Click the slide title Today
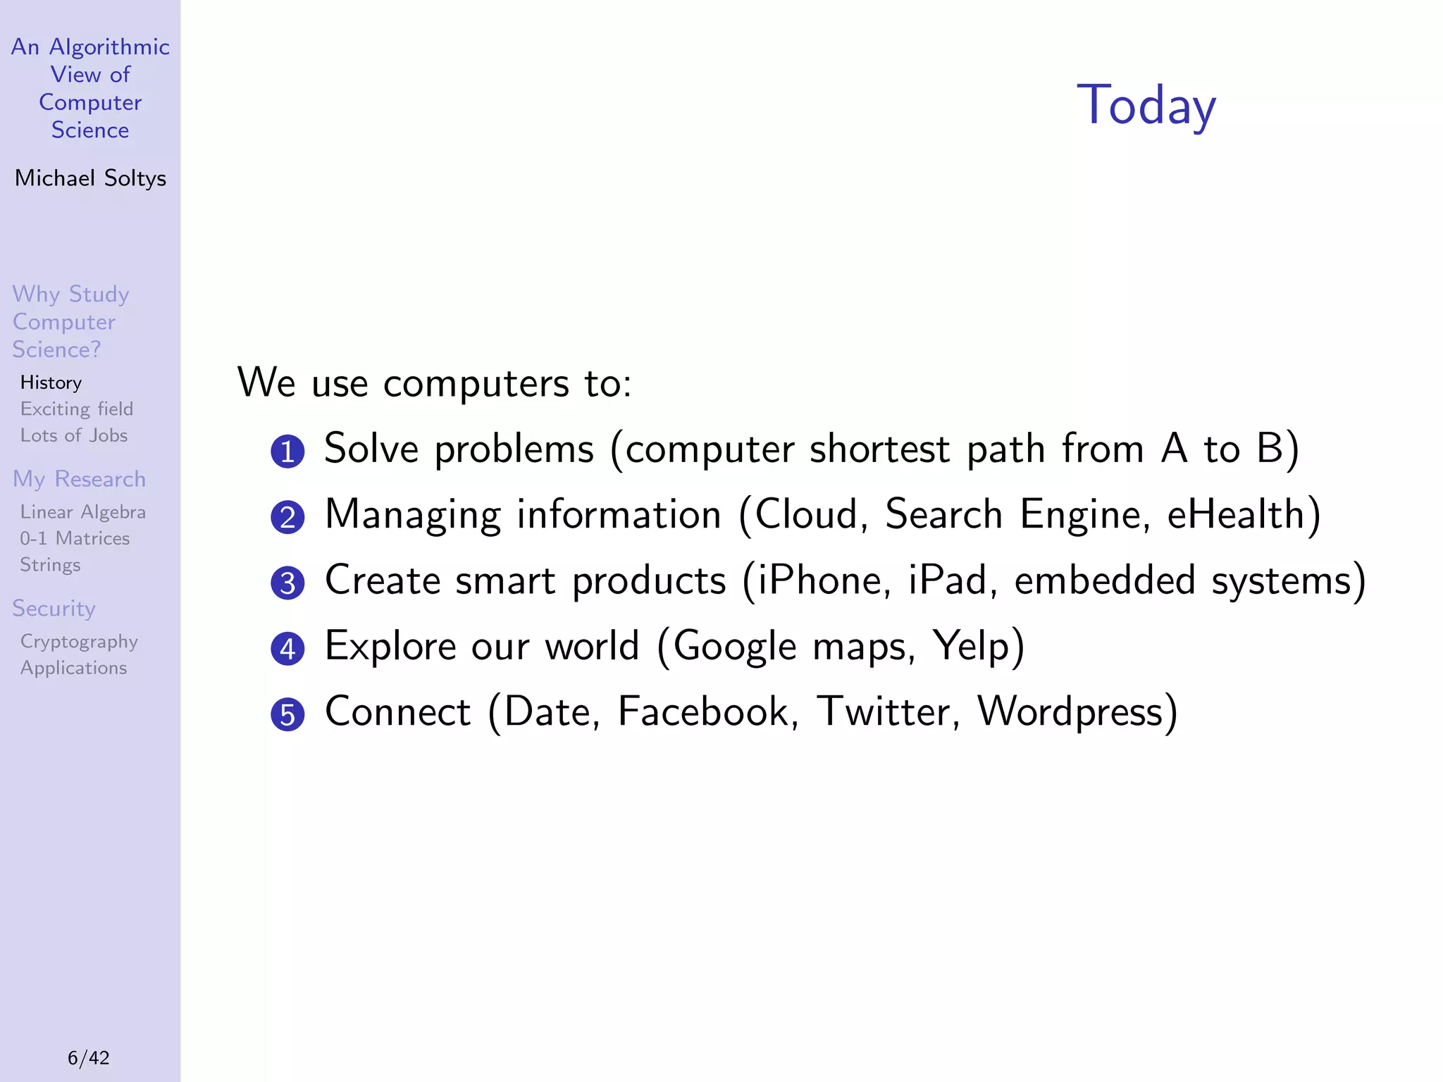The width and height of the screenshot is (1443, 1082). [1146, 106]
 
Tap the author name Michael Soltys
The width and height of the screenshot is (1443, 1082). [90, 178]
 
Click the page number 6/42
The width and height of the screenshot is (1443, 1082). [89, 1057]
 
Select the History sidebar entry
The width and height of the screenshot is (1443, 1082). [51, 383]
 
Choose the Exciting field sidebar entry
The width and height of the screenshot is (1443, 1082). [76, 409]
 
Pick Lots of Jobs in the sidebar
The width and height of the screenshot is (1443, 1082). [74, 435]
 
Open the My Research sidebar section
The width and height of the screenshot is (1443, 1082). [79, 479]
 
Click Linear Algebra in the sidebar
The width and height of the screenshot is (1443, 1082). [83, 512]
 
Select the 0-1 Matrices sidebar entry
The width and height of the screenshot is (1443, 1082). [75, 538]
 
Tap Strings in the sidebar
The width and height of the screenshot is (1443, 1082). [50, 565]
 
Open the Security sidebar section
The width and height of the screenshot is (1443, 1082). [54, 609]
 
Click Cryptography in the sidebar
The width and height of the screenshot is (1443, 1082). [79, 642]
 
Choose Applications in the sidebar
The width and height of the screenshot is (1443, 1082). [73, 668]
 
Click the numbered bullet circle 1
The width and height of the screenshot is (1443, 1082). [287, 452]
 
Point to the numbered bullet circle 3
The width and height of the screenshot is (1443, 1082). [287, 583]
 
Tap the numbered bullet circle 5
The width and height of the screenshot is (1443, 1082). [287, 714]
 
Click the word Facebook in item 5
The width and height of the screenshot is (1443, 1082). [707, 711]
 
